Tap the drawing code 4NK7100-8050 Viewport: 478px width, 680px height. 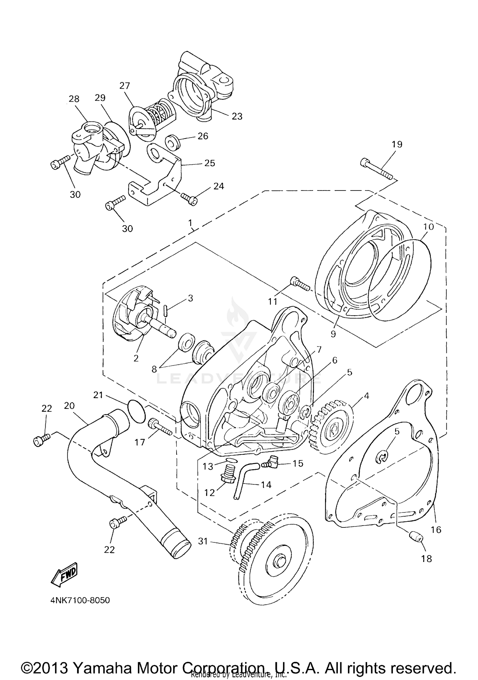pos(80,600)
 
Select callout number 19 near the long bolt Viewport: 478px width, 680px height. pos(397,144)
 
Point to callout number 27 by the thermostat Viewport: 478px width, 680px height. pos(125,86)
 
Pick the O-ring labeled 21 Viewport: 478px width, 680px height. pos(136,412)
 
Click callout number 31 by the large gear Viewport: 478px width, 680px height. pos(203,541)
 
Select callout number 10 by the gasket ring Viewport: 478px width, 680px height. pos(429,227)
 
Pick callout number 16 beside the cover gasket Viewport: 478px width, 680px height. pos(436,530)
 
